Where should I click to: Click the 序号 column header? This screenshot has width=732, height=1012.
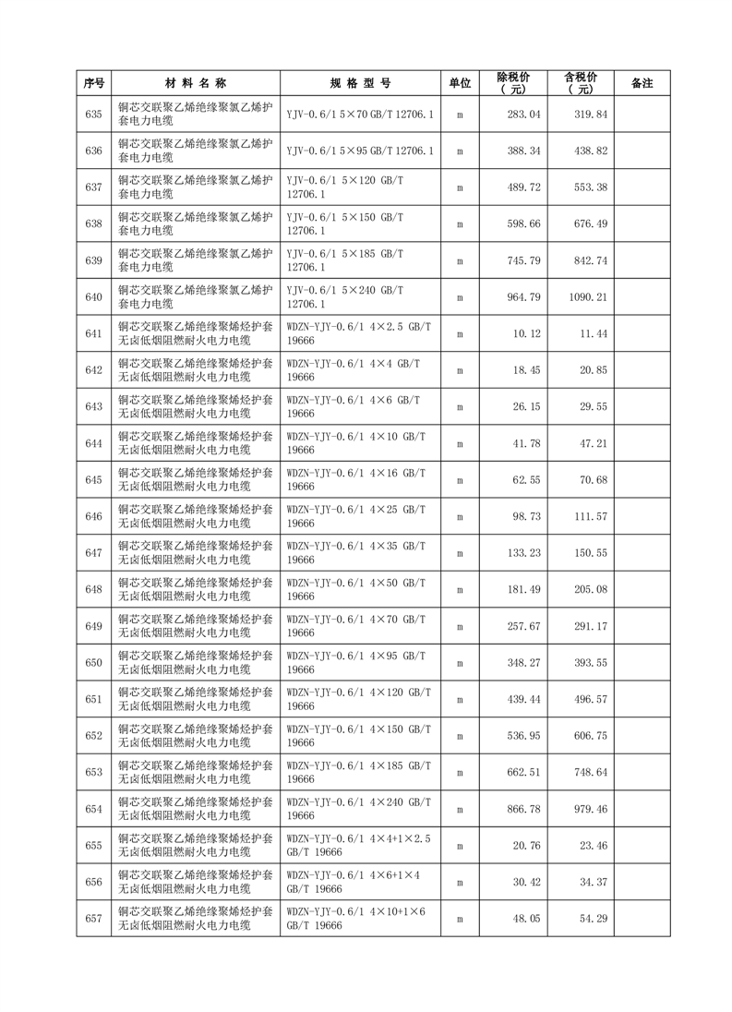92,83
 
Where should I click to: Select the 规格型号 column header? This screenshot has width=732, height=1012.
360,83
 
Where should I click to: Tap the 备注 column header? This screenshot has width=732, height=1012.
642,83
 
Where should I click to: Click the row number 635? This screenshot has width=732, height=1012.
92,114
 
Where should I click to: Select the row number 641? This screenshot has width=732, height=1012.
92,333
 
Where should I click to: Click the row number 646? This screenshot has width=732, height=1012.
92,516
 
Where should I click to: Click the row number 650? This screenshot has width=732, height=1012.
92,662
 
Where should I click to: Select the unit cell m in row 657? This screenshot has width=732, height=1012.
460,919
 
